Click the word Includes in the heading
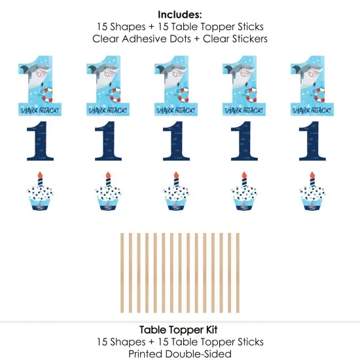click(179, 13)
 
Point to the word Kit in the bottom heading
click(211, 331)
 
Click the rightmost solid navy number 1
click(312, 141)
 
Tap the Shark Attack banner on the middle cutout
click(173, 110)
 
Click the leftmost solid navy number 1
click(38, 141)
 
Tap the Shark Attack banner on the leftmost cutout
click(36, 110)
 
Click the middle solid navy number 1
click(175, 141)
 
